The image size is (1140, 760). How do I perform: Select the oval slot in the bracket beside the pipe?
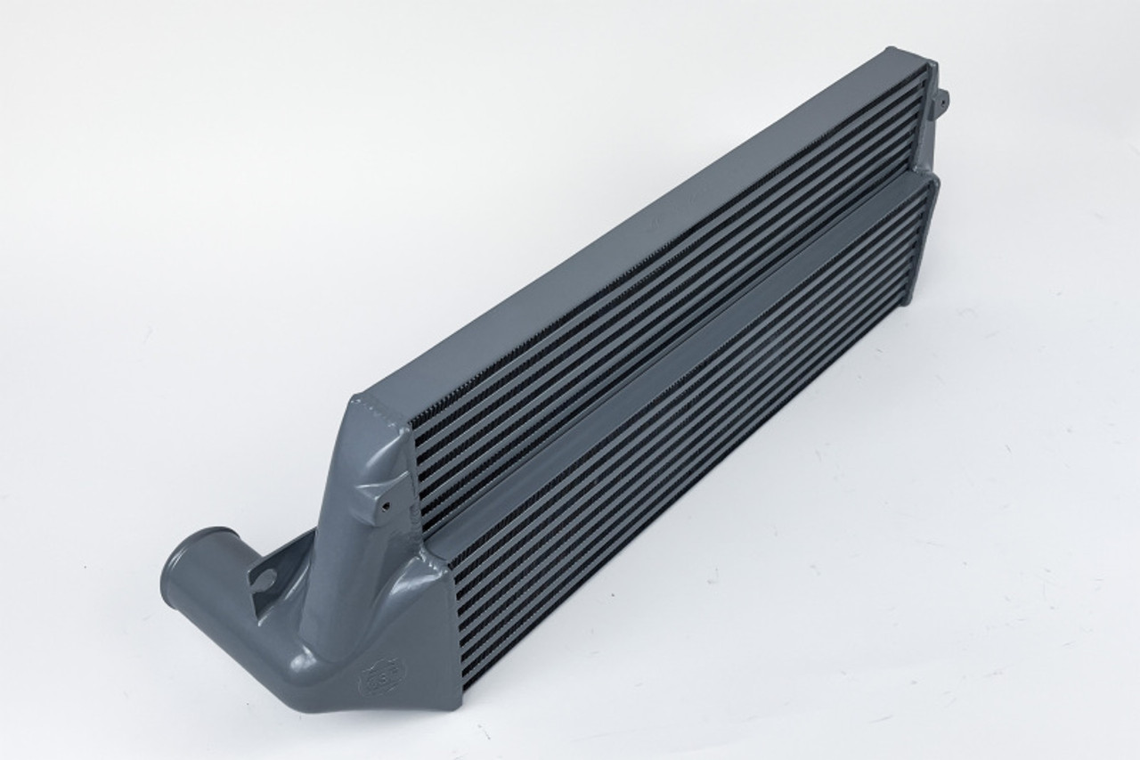tap(264, 581)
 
